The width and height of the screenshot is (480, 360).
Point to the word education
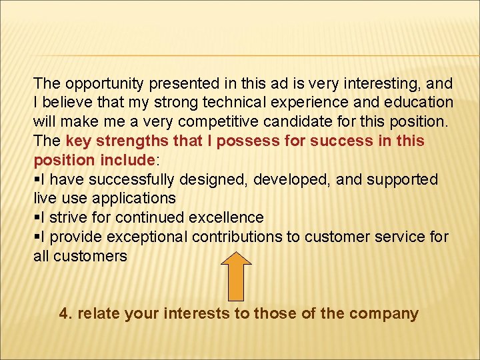tap(417, 103)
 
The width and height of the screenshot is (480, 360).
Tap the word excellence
tap(227, 218)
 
